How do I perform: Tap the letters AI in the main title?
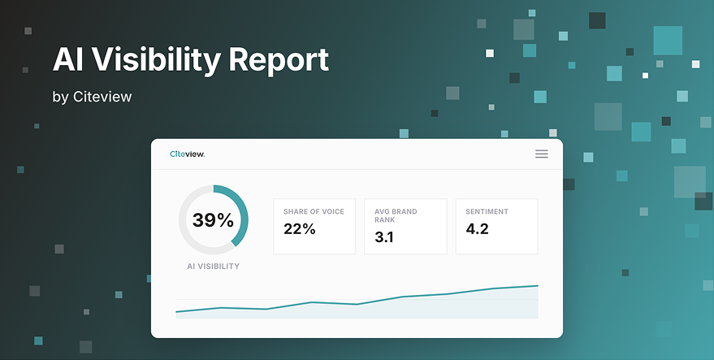pyautogui.click(x=68, y=59)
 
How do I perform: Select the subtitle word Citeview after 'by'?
pyautogui.click(x=102, y=97)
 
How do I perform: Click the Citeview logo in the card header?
pyautogui.click(x=187, y=154)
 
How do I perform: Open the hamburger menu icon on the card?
pyautogui.click(x=542, y=154)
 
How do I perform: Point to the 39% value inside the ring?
pyautogui.click(x=213, y=220)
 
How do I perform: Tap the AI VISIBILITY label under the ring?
pyautogui.click(x=213, y=267)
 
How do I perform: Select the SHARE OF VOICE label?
pyautogui.click(x=314, y=211)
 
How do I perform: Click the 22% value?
pyautogui.click(x=300, y=229)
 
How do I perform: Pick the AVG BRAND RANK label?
pyautogui.click(x=396, y=215)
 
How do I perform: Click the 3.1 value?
pyautogui.click(x=384, y=237)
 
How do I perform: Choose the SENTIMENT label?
pyautogui.click(x=487, y=211)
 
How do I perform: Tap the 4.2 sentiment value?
pyautogui.click(x=477, y=229)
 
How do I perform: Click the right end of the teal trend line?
pyautogui.click(x=538, y=286)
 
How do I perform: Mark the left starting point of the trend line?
pyautogui.click(x=176, y=312)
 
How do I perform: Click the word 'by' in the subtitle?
pyautogui.click(x=61, y=97)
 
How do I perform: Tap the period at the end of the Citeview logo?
pyautogui.click(x=204, y=156)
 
